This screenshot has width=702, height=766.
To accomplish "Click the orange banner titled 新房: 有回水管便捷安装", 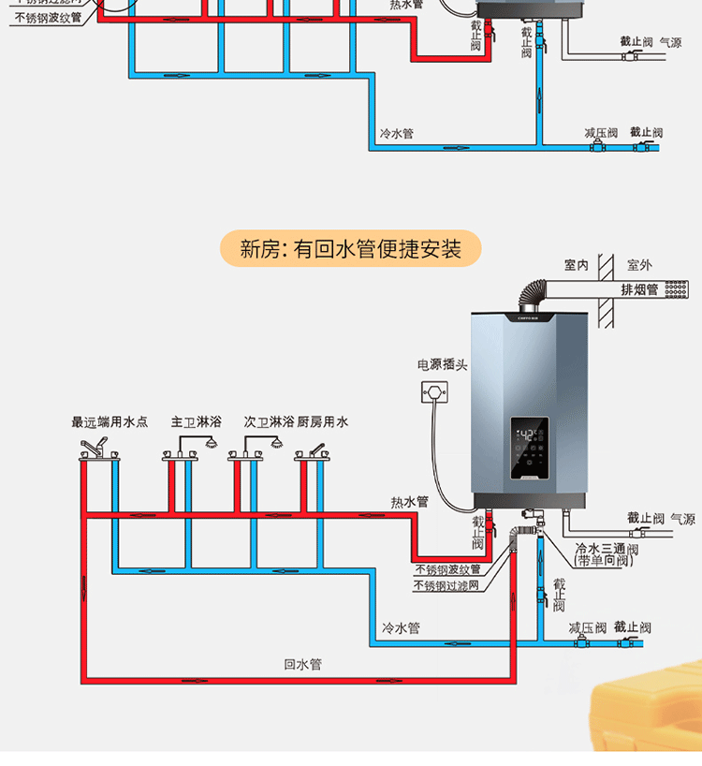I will [350, 249].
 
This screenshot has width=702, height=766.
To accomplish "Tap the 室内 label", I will [576, 266].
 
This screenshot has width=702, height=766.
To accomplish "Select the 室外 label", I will [639, 266].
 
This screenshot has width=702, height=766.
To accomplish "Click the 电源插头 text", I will [442, 364].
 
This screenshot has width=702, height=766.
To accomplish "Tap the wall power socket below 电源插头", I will [432, 390].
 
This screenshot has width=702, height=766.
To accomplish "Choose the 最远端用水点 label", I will [110, 422].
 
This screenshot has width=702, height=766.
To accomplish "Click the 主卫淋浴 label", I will [196, 422].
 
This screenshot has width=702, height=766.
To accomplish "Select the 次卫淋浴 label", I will [269, 422].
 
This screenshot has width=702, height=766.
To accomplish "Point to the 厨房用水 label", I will [323, 422].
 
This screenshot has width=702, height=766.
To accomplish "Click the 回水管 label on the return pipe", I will [302, 664].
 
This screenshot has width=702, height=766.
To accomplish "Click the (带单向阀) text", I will [604, 561].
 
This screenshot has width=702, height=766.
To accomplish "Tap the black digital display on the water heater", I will [529, 448].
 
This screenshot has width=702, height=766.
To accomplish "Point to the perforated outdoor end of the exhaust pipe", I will [676, 289].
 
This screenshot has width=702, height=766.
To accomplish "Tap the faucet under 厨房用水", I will [313, 451].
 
